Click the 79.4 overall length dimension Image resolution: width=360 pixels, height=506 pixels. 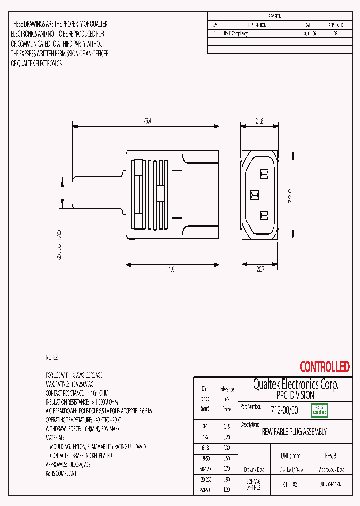click(147, 120)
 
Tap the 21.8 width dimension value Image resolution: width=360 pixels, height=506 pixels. click(259, 121)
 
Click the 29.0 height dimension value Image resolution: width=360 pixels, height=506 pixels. click(289, 194)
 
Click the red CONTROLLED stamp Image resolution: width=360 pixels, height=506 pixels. click(324, 367)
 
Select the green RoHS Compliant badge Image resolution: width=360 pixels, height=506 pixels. click(319, 410)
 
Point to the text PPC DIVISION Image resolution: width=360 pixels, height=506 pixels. click(295, 395)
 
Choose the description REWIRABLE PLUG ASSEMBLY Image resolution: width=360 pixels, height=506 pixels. click(294, 432)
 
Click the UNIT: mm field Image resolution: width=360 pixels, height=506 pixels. click(290, 456)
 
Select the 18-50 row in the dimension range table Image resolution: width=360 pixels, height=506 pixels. click(205, 457)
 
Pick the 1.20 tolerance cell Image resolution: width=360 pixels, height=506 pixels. click(227, 491)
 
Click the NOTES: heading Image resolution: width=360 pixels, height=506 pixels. click(52, 358)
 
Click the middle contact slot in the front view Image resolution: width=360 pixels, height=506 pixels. click(253, 194)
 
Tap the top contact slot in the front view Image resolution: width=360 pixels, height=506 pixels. click(264, 173)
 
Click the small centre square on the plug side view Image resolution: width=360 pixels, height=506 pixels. click(160, 193)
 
